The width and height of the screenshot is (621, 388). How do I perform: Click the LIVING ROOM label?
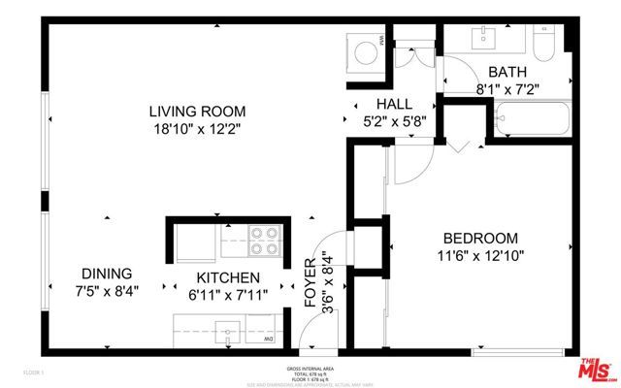pyautogui.click(x=197, y=111)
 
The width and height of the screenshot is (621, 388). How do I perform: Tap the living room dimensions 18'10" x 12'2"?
pyautogui.click(x=197, y=128)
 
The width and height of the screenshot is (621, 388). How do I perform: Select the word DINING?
pyautogui.click(x=106, y=274)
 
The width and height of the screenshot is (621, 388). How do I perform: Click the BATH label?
pyautogui.click(x=507, y=71)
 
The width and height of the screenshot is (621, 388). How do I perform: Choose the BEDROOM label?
pyautogui.click(x=480, y=239)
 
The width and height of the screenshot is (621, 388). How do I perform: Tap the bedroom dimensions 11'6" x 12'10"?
pyautogui.click(x=480, y=257)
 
